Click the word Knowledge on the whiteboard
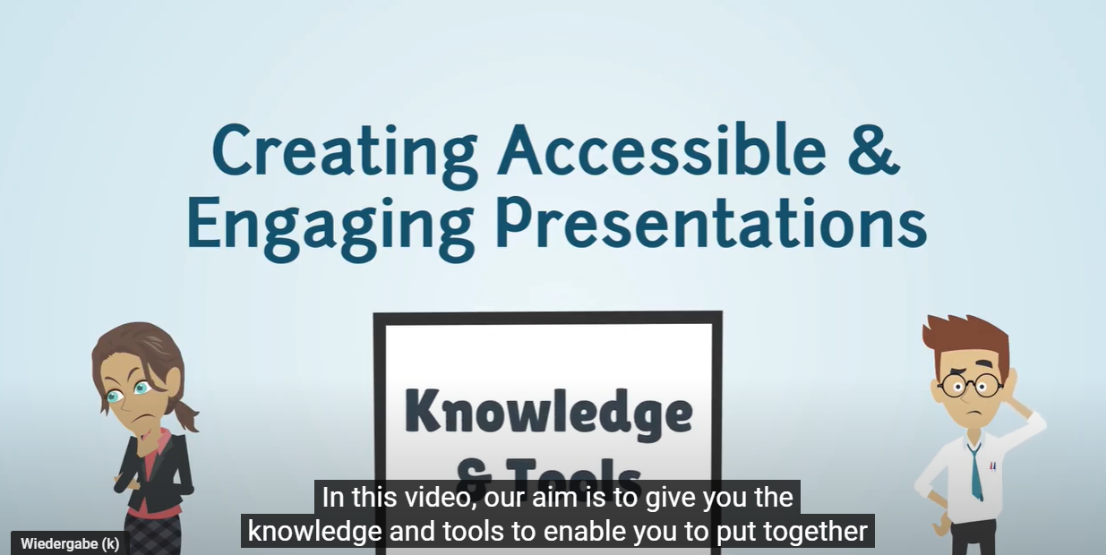click(x=548, y=413)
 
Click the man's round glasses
click(x=971, y=386)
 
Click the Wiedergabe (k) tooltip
click(x=70, y=543)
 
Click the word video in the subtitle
click(x=431, y=497)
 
